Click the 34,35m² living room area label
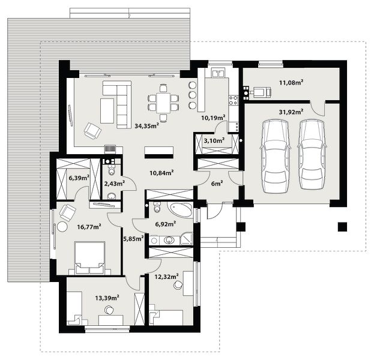pos(146,125)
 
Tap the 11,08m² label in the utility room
pos(291,82)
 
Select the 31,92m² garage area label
pos(291,112)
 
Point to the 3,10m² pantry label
pos(214,140)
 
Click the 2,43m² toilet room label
pos(115,184)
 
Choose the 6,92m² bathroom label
pos(166,224)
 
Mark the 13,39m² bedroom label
pos(107,298)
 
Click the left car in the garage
pos(276,156)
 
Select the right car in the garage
pos(312,154)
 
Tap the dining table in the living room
pos(163,103)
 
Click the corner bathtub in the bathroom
pos(180,209)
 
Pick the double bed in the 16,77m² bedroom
pos(89,258)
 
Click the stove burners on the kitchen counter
pos(233,100)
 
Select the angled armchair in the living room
pos(92,130)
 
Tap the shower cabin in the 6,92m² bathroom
pos(187,238)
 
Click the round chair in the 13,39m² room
pos(109,310)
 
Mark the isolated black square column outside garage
pos(342,227)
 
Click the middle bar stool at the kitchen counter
pos(192,95)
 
